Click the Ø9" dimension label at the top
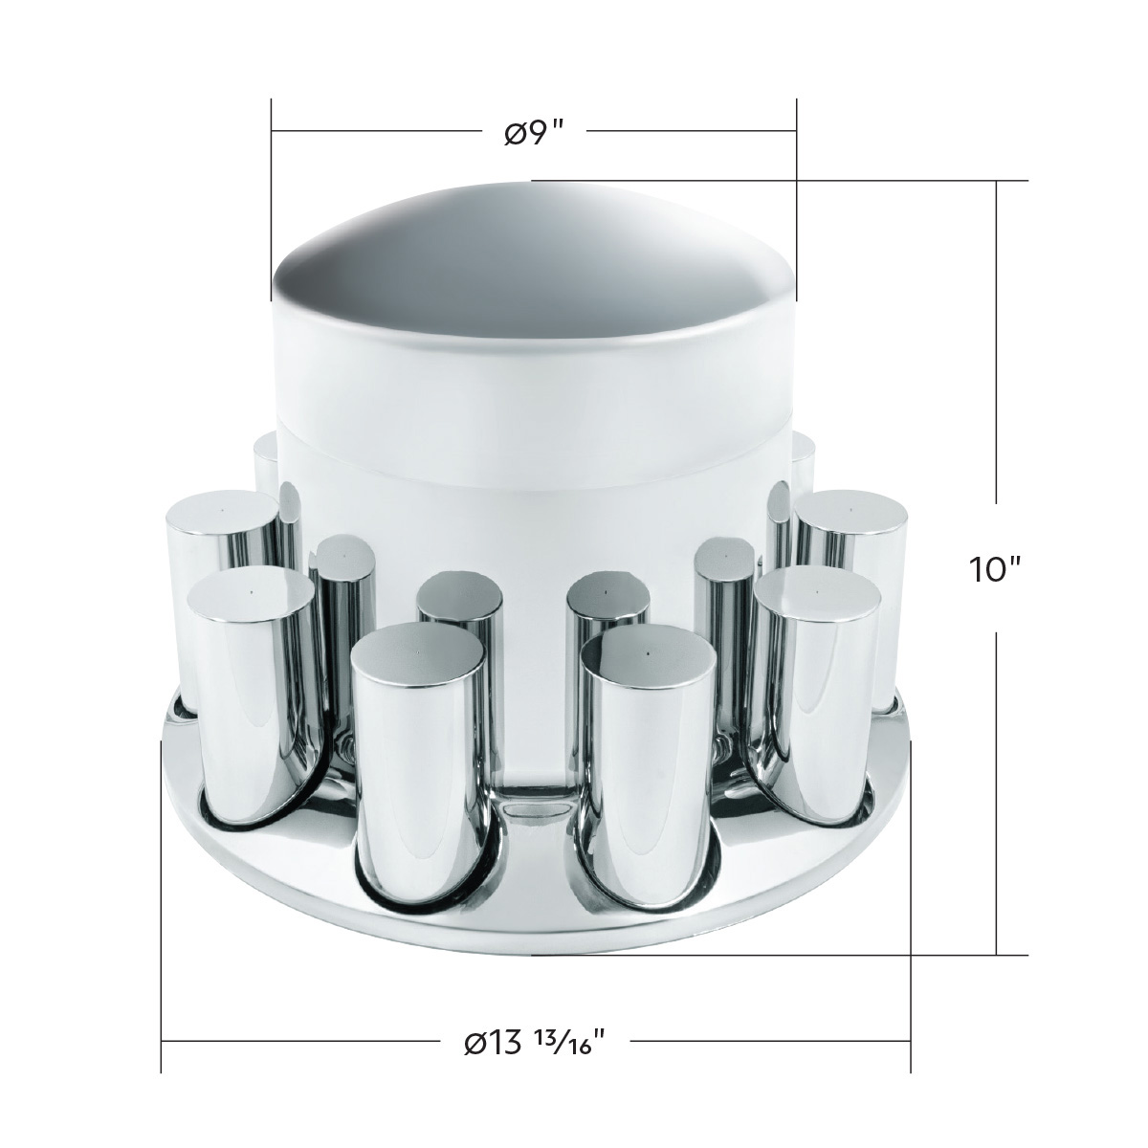[532, 132]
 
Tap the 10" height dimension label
[996, 569]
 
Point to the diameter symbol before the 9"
[514, 132]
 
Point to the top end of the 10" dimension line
[998, 181]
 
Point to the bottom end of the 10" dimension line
[998, 954]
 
